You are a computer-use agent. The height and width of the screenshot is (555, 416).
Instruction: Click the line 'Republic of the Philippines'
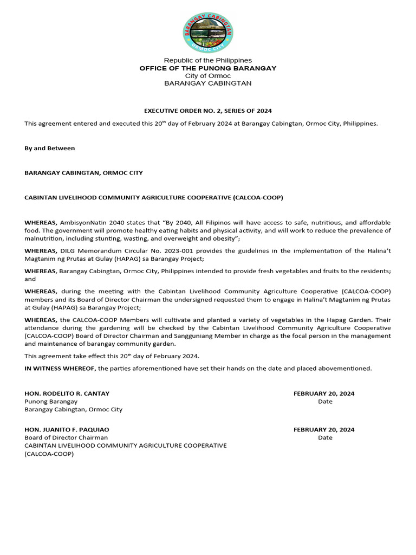pos(208,60)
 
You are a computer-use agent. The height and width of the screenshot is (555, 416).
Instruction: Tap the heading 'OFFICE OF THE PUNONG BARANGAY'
pos(208,68)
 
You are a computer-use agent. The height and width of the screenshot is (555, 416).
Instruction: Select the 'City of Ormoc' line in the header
pos(208,76)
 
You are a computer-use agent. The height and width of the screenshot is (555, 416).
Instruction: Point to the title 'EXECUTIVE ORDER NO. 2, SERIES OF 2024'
pos(207,111)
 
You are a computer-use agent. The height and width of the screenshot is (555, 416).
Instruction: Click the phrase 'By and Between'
pos(50,148)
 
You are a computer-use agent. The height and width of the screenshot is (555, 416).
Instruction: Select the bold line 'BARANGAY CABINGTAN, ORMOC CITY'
pos(83,173)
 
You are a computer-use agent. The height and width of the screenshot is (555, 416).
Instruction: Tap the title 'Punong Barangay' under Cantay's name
pos(51,402)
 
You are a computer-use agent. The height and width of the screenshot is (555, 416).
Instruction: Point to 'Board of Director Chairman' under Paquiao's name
pos(66,437)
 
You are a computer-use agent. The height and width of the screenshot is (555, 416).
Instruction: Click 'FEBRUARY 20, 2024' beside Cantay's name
pos(324,393)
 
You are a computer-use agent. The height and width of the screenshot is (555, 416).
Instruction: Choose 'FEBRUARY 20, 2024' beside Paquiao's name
pos(324,429)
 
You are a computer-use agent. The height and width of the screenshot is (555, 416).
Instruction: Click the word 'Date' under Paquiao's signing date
pos(325,437)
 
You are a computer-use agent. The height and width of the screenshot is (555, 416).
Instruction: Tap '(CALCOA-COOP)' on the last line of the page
pos(49,454)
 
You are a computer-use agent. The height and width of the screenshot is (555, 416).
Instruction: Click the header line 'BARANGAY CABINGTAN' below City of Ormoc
pos(208,83)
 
